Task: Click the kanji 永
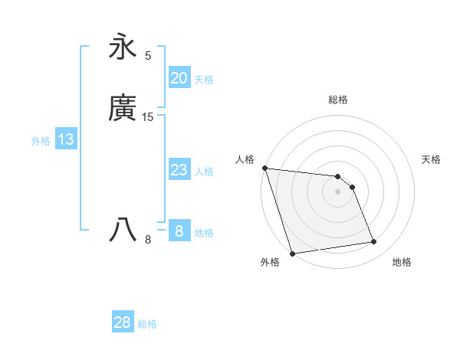[x=123, y=46]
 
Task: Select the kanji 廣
[x=123, y=108]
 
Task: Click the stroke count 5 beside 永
[x=148, y=55]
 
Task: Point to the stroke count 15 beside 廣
[x=148, y=117]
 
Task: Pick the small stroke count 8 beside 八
[x=148, y=240]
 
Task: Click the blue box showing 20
[x=179, y=77]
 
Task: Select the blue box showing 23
[x=179, y=170]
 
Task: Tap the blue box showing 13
[x=66, y=139]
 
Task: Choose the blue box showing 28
[x=123, y=322]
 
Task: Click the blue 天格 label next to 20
[x=204, y=79]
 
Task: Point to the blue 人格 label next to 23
[x=204, y=172]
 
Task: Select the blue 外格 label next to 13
[x=41, y=141]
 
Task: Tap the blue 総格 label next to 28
[x=147, y=324]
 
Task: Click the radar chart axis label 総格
[x=338, y=100]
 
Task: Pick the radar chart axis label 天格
[x=432, y=159]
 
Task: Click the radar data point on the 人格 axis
[x=264, y=168]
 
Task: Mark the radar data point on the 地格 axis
[x=374, y=242]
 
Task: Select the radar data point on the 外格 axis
[x=292, y=253]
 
